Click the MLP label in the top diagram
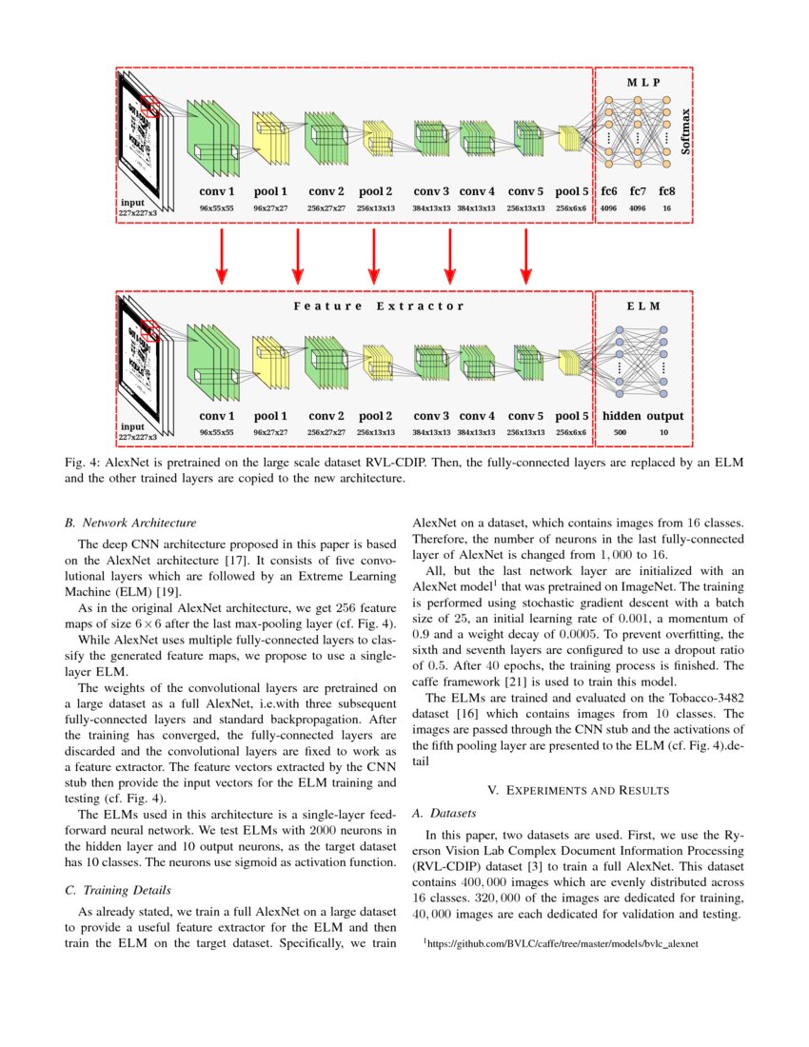642,83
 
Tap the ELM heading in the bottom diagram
642,306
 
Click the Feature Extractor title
379,306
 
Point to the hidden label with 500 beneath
622,416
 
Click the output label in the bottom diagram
665,416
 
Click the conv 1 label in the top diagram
217,191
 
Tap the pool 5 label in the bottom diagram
571,416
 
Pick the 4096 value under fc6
609,207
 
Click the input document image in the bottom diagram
143,362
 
